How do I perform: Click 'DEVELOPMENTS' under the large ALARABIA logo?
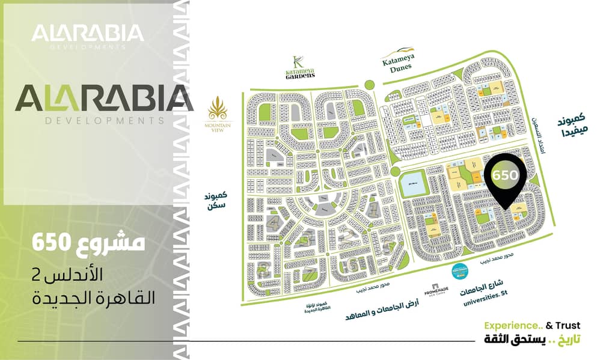(x=105, y=120)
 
